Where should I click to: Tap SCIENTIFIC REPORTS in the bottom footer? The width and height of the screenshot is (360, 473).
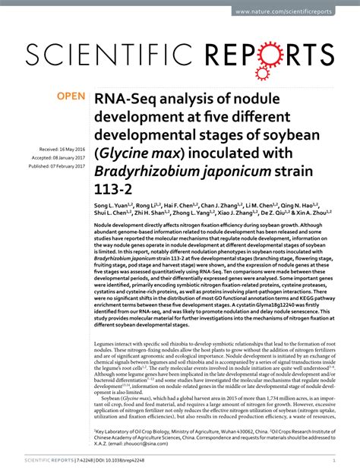(54, 460)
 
